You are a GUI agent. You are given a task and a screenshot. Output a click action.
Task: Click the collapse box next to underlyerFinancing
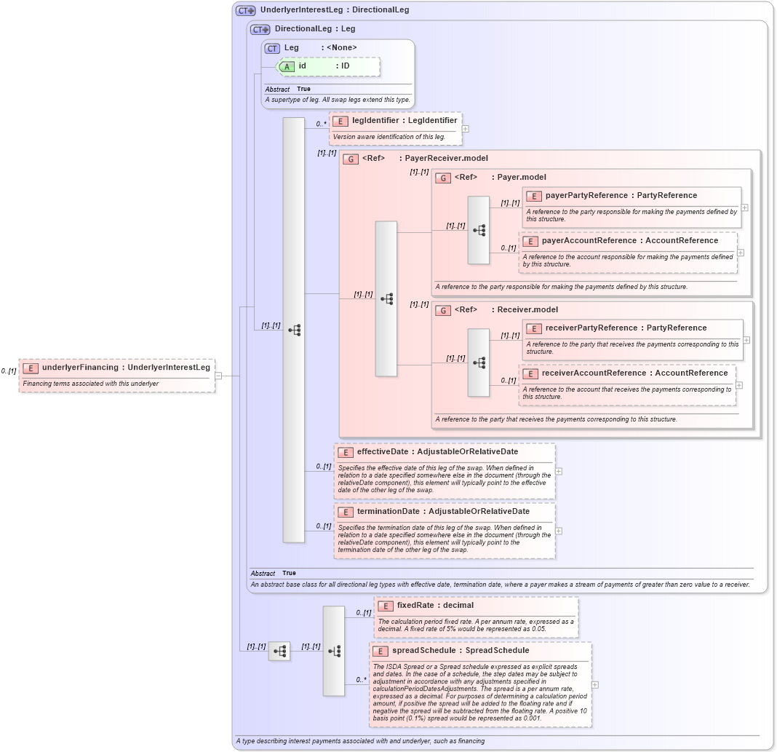click(218, 376)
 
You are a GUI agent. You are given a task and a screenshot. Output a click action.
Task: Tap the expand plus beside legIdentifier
click(465, 129)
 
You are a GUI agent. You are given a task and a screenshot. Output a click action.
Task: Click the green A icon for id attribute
click(287, 66)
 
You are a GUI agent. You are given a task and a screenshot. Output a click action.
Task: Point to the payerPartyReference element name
click(586, 195)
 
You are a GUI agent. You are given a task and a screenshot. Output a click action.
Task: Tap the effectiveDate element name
click(383, 451)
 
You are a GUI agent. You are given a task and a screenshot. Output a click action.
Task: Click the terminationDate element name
click(388, 511)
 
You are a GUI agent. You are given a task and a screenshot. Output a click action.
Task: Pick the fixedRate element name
click(415, 605)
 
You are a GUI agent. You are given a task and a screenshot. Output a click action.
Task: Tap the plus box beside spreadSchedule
click(595, 684)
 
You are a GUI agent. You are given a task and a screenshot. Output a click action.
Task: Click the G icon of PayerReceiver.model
click(351, 159)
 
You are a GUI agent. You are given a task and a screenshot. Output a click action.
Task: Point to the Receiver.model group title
click(527, 309)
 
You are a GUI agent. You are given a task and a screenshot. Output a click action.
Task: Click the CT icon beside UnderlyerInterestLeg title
click(245, 11)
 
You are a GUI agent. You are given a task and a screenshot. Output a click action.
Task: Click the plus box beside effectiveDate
click(558, 471)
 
